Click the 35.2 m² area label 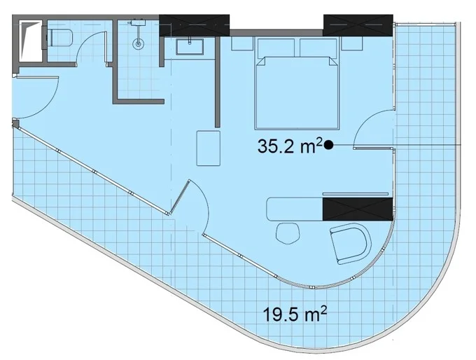click(290, 146)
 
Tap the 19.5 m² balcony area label click(295, 314)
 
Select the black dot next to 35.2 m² click(328, 145)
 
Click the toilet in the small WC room click(59, 38)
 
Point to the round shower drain click(138, 43)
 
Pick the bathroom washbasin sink click(190, 46)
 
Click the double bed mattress click(297, 93)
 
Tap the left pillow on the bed click(276, 48)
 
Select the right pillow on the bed click(318, 48)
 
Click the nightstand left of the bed click(242, 43)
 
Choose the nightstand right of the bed click(352, 43)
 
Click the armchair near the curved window click(351, 244)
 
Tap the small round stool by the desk click(288, 233)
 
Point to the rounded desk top click(295, 209)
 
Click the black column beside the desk click(358, 209)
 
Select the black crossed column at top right click(358, 25)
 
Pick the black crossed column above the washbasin click(195, 25)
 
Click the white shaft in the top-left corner click(30, 41)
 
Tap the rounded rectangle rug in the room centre click(209, 148)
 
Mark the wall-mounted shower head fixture click(138, 23)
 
